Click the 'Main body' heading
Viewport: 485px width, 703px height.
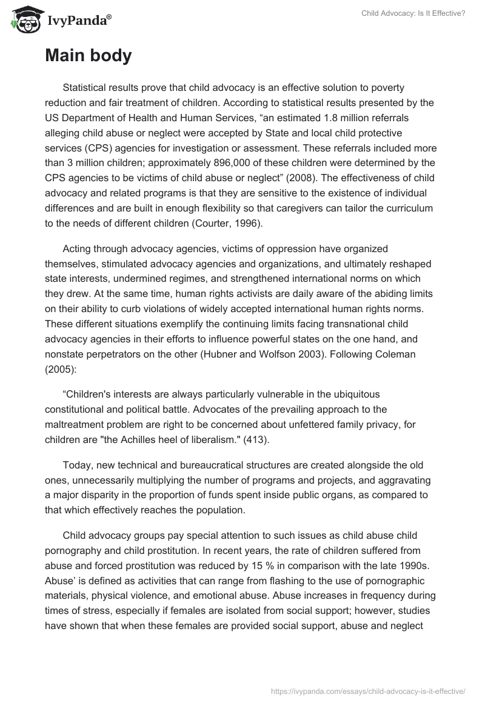(88, 56)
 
